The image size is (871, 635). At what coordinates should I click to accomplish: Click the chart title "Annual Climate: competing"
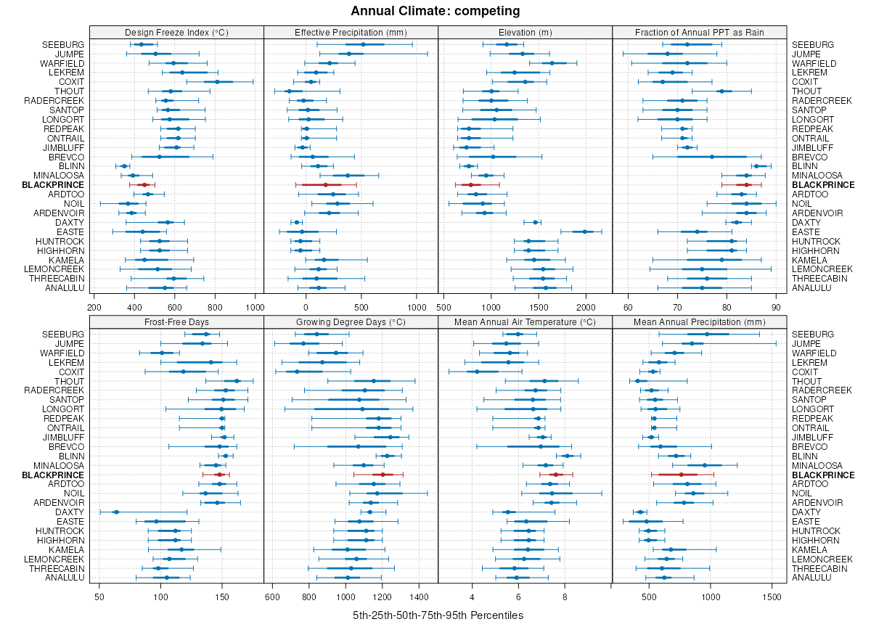pyautogui.click(x=435, y=11)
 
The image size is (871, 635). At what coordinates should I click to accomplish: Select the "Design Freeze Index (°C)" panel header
pyautogui.click(x=176, y=32)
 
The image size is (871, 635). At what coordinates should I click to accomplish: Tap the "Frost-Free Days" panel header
pyautogui.click(x=176, y=321)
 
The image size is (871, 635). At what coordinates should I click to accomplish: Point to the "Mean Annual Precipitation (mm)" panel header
pyautogui.click(x=700, y=321)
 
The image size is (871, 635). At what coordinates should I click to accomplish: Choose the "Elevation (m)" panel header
pyautogui.click(x=525, y=32)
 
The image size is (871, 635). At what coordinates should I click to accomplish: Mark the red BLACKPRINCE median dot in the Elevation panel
pyautogui.click(x=470, y=185)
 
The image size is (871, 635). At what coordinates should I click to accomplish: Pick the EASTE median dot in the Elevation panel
pyautogui.click(x=585, y=232)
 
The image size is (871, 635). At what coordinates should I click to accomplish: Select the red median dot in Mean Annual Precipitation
pyautogui.click(x=681, y=475)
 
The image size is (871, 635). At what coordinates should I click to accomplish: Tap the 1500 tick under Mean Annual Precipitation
pyautogui.click(x=772, y=597)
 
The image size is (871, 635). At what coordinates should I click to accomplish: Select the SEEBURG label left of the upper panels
pyautogui.click(x=63, y=44)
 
